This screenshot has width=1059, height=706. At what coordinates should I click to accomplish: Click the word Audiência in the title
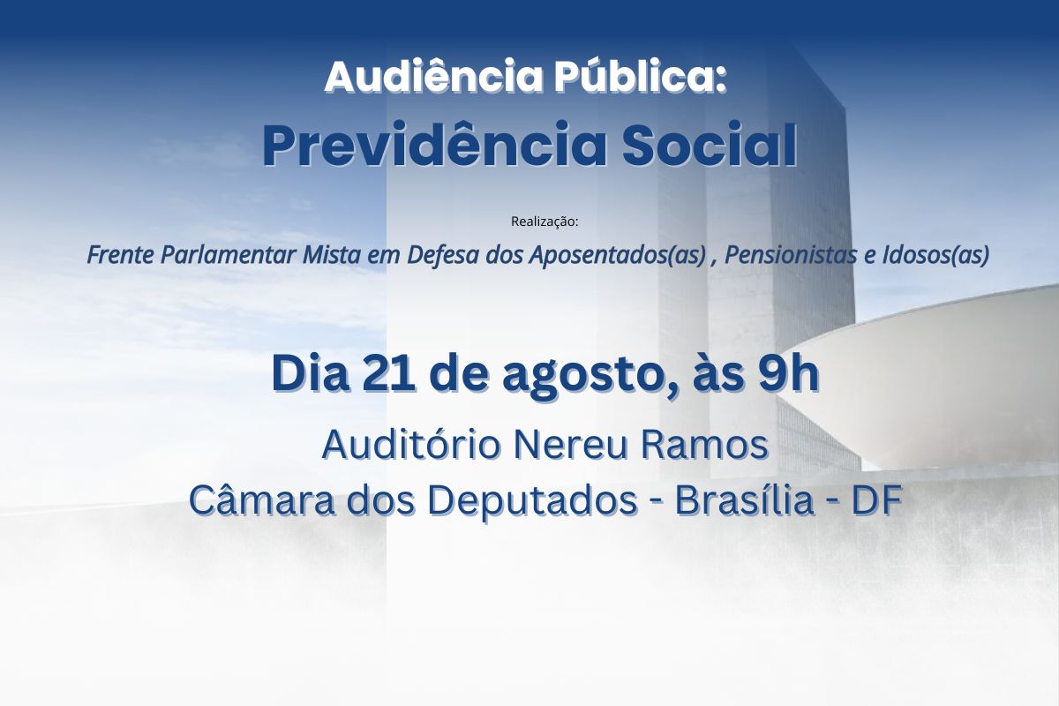(x=433, y=76)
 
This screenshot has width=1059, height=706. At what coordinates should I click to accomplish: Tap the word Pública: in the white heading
(x=641, y=76)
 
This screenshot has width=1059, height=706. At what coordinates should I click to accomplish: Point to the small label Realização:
(x=545, y=222)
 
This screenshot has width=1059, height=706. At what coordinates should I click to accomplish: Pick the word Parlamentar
(x=229, y=255)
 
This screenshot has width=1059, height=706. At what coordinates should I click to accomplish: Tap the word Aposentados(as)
(x=618, y=255)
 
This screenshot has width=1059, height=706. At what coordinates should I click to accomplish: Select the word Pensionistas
(x=791, y=255)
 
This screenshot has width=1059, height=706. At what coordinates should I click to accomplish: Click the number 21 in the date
(x=388, y=374)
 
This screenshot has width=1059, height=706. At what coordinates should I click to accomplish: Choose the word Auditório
(x=411, y=445)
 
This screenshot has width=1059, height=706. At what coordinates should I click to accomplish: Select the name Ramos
(x=704, y=446)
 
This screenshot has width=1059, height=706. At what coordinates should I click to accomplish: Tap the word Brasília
(x=744, y=500)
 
